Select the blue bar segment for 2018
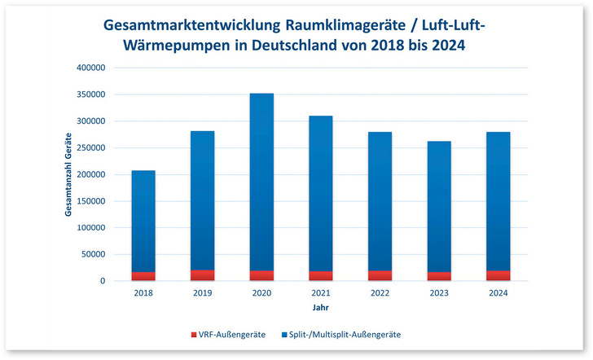coord(143,220)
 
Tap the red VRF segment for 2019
coord(203,275)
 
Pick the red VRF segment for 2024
coord(499,276)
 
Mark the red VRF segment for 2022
coord(380,276)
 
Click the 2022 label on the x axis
coord(380,294)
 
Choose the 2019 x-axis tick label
coord(203,294)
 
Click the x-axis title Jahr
coord(321,309)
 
